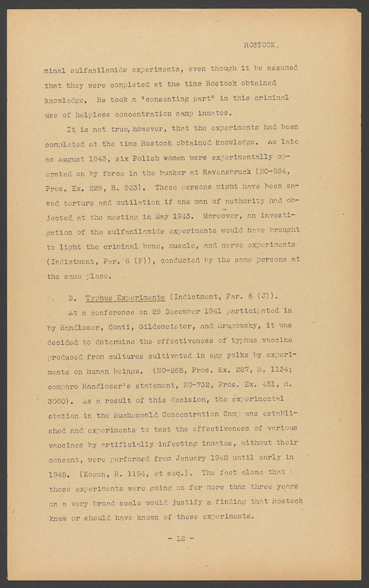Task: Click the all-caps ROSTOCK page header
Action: click(261, 45)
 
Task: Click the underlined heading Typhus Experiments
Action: click(125, 298)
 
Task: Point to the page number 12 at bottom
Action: click(181, 539)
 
